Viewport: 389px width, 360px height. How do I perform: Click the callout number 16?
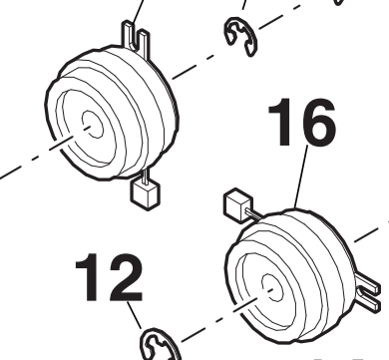pos(301,122)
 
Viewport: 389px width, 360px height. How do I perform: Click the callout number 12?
pos(109,277)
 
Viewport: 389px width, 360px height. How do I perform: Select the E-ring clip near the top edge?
pos(241,37)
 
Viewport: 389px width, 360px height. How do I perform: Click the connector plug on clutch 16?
pos(238,204)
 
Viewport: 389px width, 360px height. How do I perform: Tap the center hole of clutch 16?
pos(272,288)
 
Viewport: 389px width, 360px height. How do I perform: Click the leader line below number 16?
pos(300,177)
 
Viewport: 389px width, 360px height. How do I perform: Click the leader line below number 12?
pos(134,315)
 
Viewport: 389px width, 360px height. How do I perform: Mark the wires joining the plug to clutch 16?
pos(253,213)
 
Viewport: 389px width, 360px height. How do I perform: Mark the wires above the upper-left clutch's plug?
pos(146,176)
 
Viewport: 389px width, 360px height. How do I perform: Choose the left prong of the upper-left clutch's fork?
pos(128,33)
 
